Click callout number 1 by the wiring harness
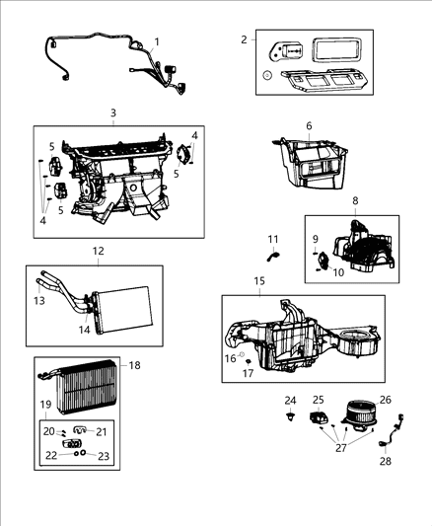pyautogui.click(x=157, y=40)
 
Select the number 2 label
pyautogui.click(x=244, y=39)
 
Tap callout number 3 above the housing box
pyautogui.click(x=113, y=113)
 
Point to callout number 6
pyautogui.click(x=308, y=126)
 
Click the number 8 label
pyautogui.click(x=355, y=200)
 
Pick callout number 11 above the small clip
pyautogui.click(x=273, y=239)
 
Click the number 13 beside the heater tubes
pyautogui.click(x=40, y=300)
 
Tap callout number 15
pyautogui.click(x=259, y=281)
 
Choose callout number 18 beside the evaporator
pyautogui.click(x=135, y=366)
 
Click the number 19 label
pyautogui.click(x=43, y=404)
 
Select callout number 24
pyautogui.click(x=290, y=401)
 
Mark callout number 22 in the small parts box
pyautogui.click(x=48, y=455)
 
